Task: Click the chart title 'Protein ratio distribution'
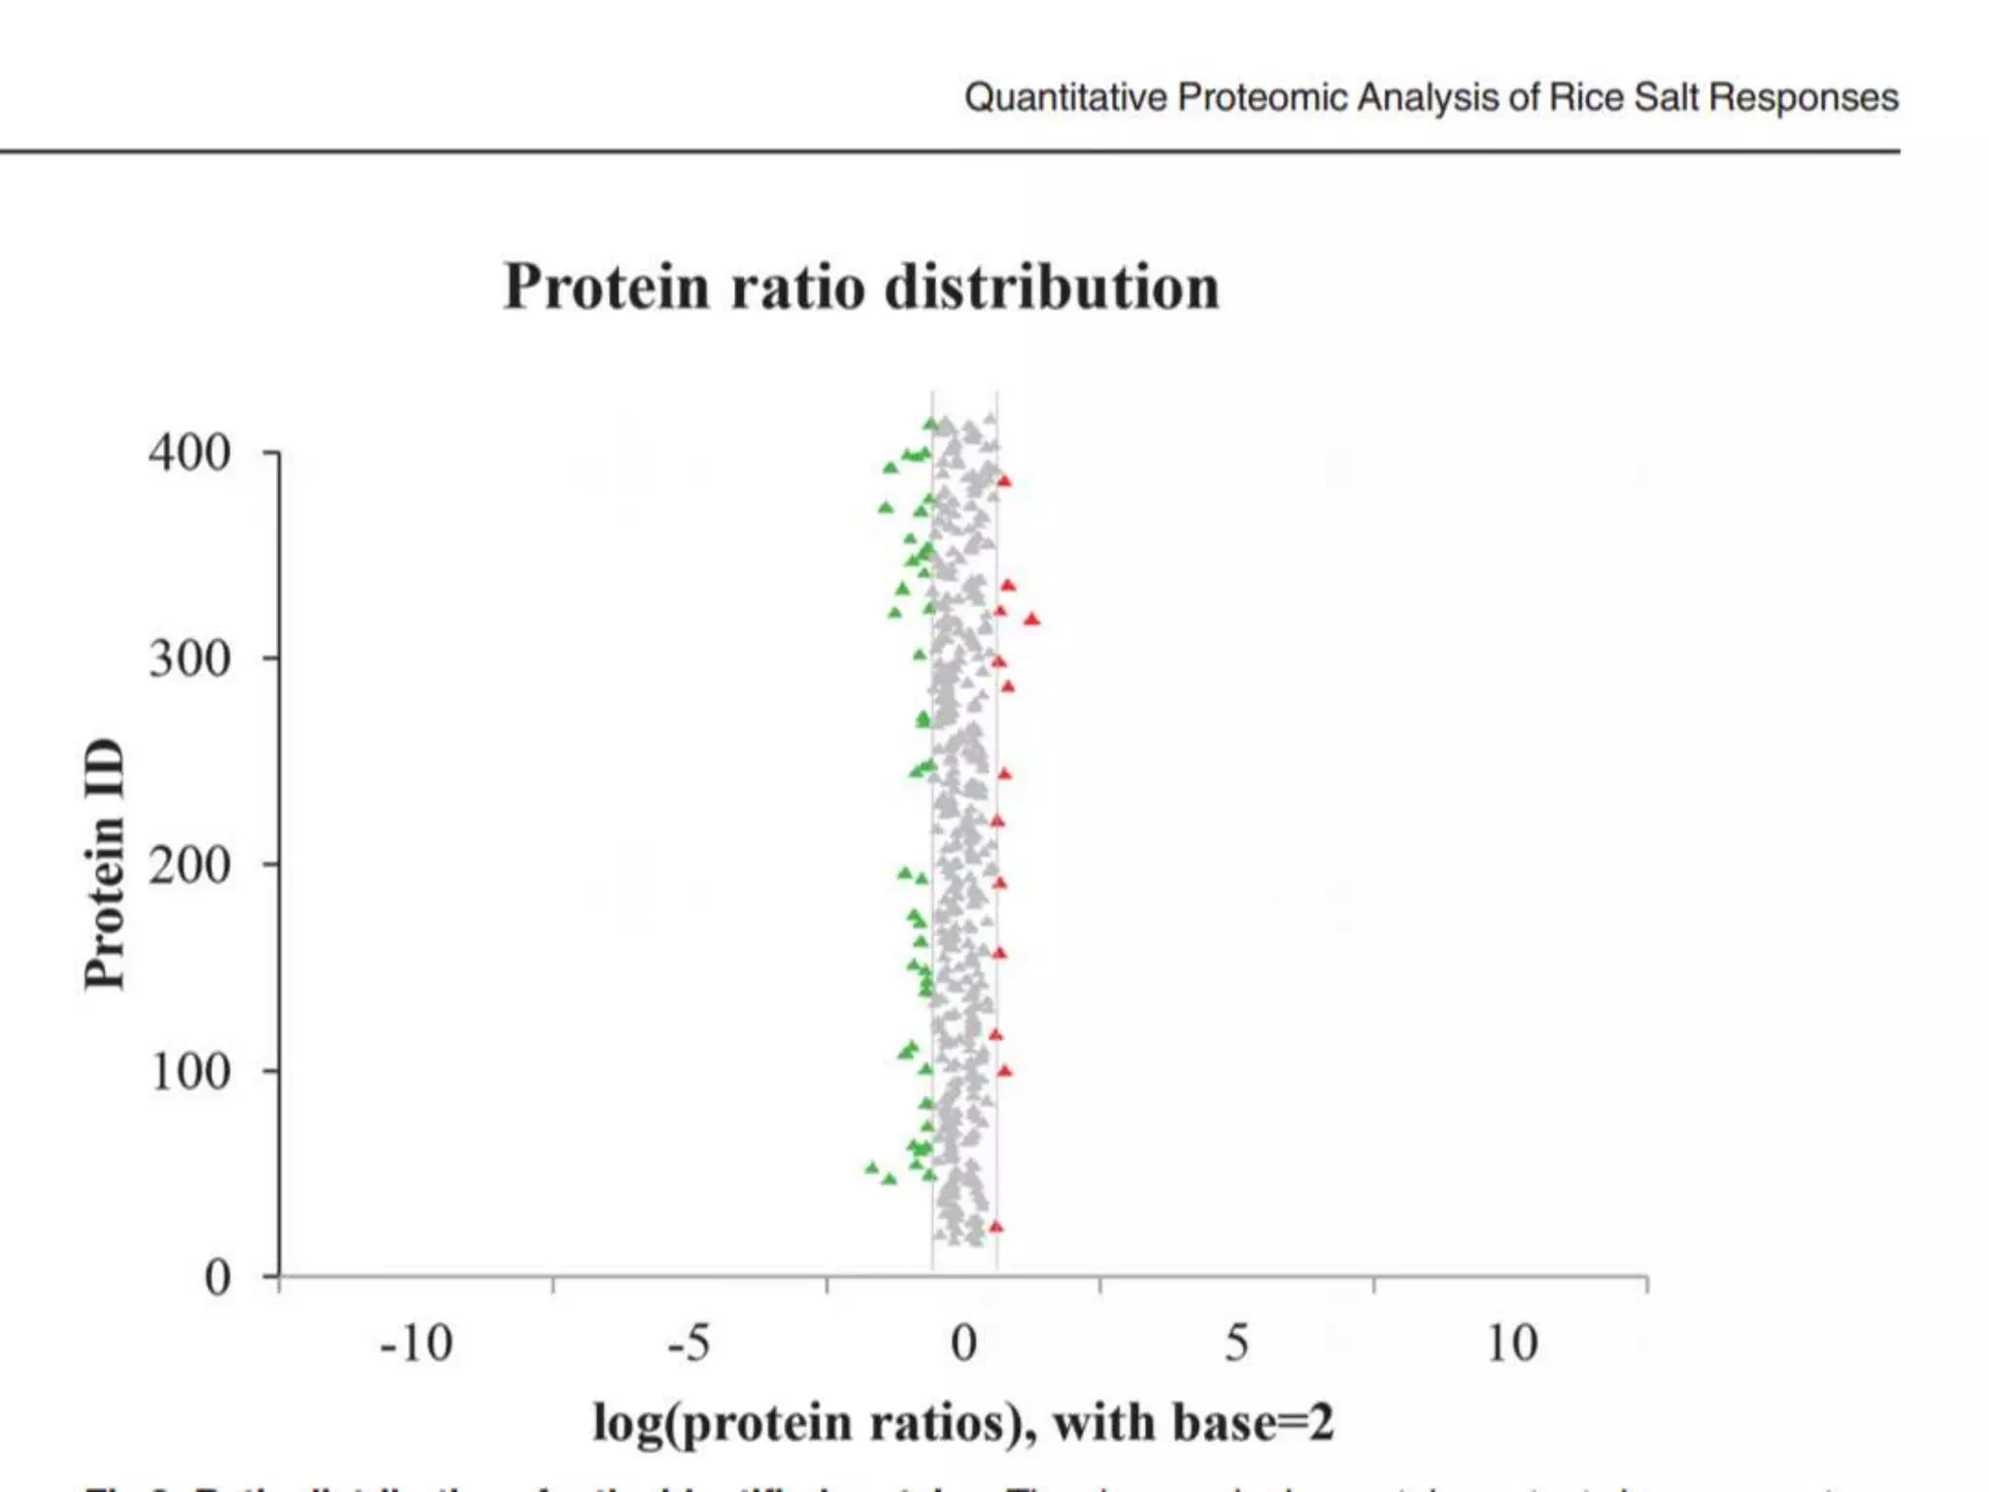coord(860,288)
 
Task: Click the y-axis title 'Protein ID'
coord(105,865)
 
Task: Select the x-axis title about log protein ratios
coord(963,1423)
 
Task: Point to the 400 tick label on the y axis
coord(189,453)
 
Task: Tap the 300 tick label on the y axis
coord(189,659)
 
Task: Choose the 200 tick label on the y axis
coord(189,865)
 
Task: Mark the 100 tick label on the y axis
coord(189,1071)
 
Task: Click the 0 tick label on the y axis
coord(218,1277)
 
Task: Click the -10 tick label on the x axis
coord(416,1344)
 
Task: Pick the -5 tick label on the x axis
coord(689,1344)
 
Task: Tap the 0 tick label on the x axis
coord(963,1344)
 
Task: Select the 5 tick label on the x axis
coord(1236,1344)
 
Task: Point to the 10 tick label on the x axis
coord(1512,1344)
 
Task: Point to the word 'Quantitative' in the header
coord(1065,98)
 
